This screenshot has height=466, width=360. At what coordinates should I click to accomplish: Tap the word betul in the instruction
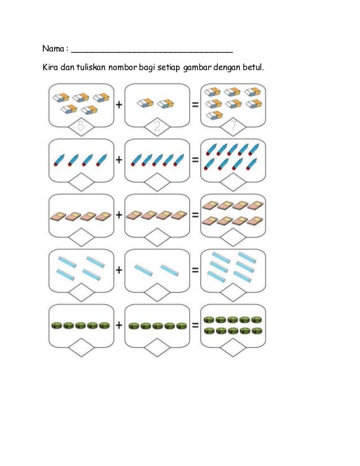[252, 69]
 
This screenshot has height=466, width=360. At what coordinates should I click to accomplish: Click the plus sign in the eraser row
[120, 104]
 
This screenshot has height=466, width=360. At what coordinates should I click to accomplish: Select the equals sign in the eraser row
[195, 104]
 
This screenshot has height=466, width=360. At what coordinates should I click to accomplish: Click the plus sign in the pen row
[120, 160]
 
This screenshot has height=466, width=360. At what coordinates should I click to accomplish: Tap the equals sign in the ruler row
[195, 270]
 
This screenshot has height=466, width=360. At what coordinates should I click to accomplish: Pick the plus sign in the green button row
[120, 326]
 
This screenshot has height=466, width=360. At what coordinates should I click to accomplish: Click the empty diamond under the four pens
[82, 182]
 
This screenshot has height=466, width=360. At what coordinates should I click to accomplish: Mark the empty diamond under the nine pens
[233, 182]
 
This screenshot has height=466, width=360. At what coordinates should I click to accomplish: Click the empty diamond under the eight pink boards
[233, 237]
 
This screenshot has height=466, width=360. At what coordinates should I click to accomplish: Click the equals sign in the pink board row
[195, 215]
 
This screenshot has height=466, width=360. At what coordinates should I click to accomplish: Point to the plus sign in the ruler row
[120, 270]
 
